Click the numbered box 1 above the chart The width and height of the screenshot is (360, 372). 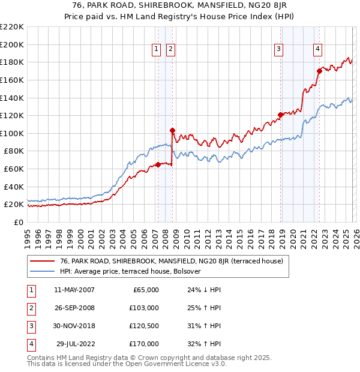157,49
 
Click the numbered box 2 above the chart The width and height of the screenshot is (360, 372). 170,49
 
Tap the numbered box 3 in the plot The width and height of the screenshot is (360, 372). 279,49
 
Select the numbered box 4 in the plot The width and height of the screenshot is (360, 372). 317,49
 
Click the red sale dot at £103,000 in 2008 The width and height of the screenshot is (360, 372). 172,130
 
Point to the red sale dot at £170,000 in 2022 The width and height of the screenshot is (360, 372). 319,71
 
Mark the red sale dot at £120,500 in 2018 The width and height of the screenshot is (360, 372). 280,115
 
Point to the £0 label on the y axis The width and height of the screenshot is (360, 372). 19,222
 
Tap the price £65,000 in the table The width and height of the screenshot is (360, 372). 145,290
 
